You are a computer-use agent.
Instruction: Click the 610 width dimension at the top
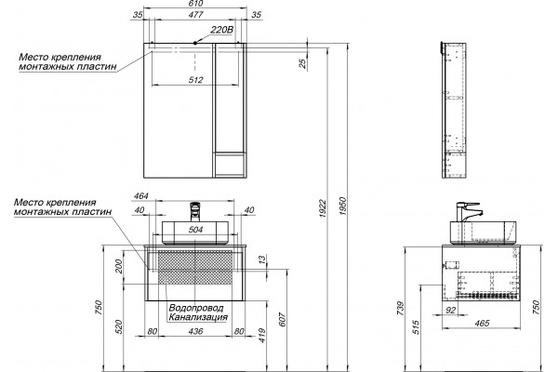[x=195, y=4]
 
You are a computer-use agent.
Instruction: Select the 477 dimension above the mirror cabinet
[x=195, y=15]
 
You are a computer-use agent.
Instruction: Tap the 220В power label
[x=221, y=30]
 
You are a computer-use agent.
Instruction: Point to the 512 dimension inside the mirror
[x=195, y=80]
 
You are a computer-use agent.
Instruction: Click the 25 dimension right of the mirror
[x=302, y=63]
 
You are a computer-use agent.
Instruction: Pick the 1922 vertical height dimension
[x=323, y=208]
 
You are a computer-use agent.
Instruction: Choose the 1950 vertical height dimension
[x=342, y=206]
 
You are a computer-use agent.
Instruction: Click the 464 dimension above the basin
[x=141, y=196]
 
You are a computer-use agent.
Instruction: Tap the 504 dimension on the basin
[x=195, y=230]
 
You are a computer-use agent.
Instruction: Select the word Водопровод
[x=196, y=308]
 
